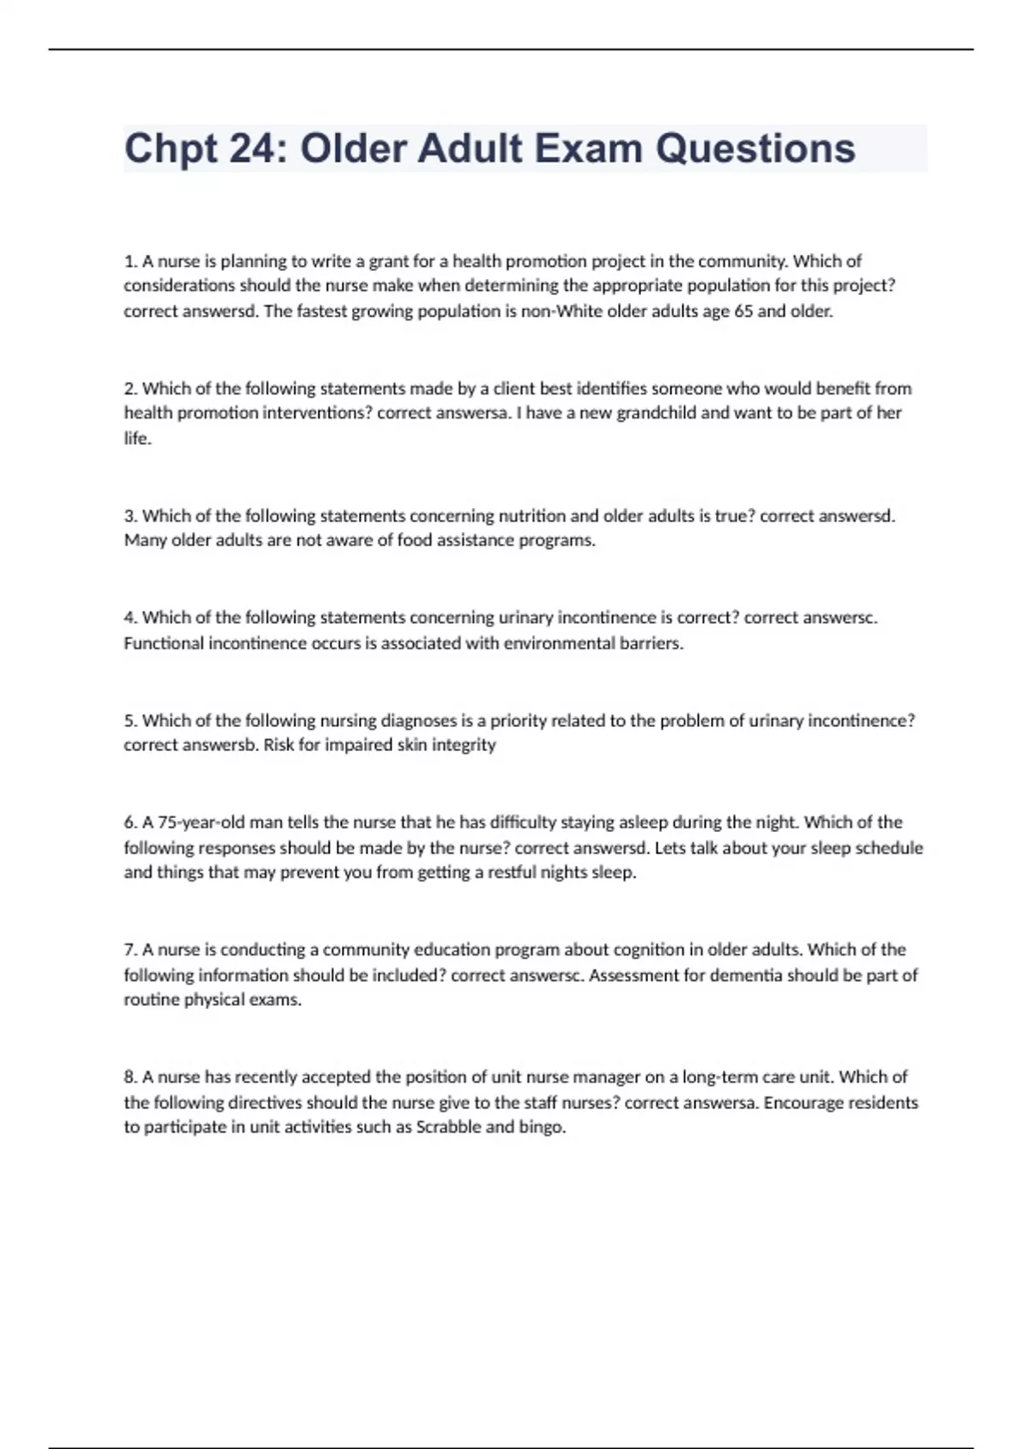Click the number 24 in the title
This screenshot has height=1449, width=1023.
[x=252, y=148]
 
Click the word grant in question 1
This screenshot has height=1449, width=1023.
[x=388, y=261]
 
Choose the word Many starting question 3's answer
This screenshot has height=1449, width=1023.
[x=145, y=540]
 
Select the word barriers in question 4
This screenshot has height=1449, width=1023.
[x=651, y=644]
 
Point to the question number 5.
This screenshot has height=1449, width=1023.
[x=130, y=720]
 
